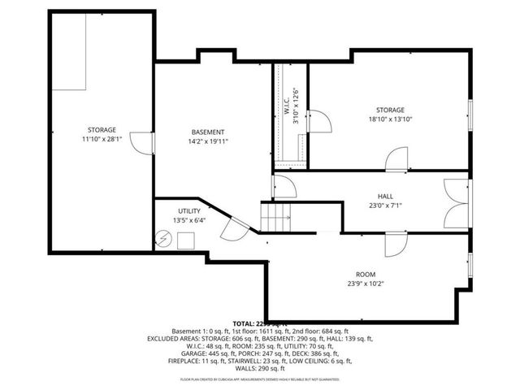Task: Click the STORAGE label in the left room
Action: point(102,130)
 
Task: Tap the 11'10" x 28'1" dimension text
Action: point(102,139)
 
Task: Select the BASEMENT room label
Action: point(208,132)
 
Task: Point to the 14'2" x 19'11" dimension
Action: point(208,141)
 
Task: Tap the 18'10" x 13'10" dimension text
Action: point(389,119)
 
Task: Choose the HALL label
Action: point(385,196)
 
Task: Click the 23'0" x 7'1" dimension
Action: point(385,206)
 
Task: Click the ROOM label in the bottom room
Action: point(364,274)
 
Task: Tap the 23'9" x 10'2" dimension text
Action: point(364,284)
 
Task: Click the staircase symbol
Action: point(275,216)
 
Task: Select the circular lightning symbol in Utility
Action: point(162,239)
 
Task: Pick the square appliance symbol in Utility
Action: point(185,240)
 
